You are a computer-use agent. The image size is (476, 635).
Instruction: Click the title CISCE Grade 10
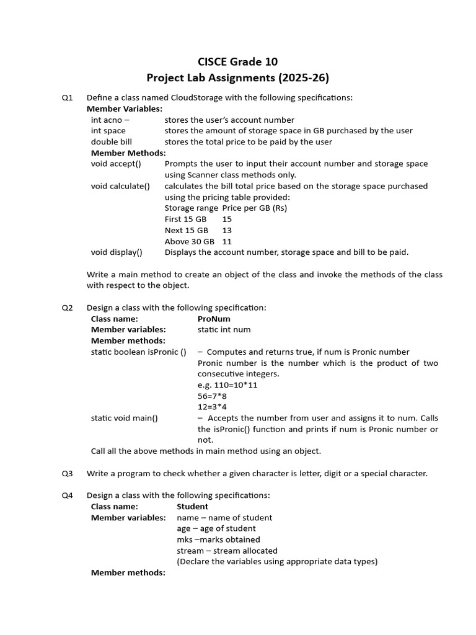point(237,61)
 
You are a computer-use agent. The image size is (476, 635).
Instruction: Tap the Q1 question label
point(67,97)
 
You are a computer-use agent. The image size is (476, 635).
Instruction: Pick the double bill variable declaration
point(112,142)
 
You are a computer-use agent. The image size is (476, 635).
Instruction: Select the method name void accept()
point(116,164)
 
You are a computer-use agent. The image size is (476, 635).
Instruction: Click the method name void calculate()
point(120,186)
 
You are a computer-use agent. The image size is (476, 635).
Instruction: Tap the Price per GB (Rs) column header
point(255,208)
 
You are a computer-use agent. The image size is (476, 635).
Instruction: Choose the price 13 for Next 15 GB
point(227,231)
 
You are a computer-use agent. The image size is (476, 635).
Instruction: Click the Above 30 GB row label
point(189,242)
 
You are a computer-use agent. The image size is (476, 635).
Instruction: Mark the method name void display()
point(117,252)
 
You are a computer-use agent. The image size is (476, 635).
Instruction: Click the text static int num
point(224,330)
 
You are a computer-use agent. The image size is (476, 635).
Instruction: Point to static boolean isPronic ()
point(139,352)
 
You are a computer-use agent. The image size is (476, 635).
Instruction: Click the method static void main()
point(125,418)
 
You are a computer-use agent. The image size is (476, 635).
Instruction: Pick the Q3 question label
point(67,474)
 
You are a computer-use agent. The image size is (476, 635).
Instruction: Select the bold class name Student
point(192,507)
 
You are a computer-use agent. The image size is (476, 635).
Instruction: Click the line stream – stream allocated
point(227,551)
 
